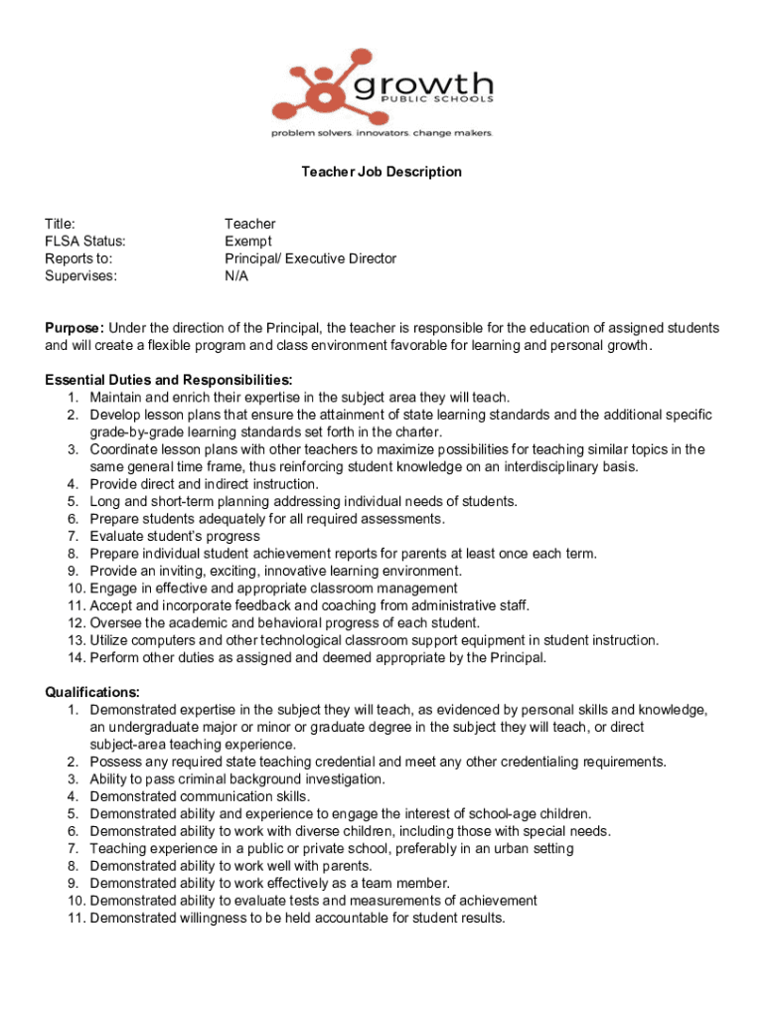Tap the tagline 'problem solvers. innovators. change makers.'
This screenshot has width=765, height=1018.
click(x=382, y=132)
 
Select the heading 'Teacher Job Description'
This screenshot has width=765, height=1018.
click(x=382, y=172)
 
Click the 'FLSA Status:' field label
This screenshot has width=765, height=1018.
click(x=85, y=242)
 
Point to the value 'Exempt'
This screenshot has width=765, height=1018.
click(x=248, y=242)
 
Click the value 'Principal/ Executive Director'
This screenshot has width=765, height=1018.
click(x=310, y=258)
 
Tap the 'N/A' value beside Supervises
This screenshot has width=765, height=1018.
click(x=236, y=276)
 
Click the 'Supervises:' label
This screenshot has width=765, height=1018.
click(x=80, y=276)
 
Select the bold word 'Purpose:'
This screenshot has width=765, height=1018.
click(x=75, y=328)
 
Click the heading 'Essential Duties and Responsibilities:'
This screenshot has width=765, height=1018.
click(x=169, y=380)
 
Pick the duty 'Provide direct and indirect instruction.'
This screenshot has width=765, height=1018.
click(x=204, y=484)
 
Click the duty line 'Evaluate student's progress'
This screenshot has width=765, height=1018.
click(x=176, y=536)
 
